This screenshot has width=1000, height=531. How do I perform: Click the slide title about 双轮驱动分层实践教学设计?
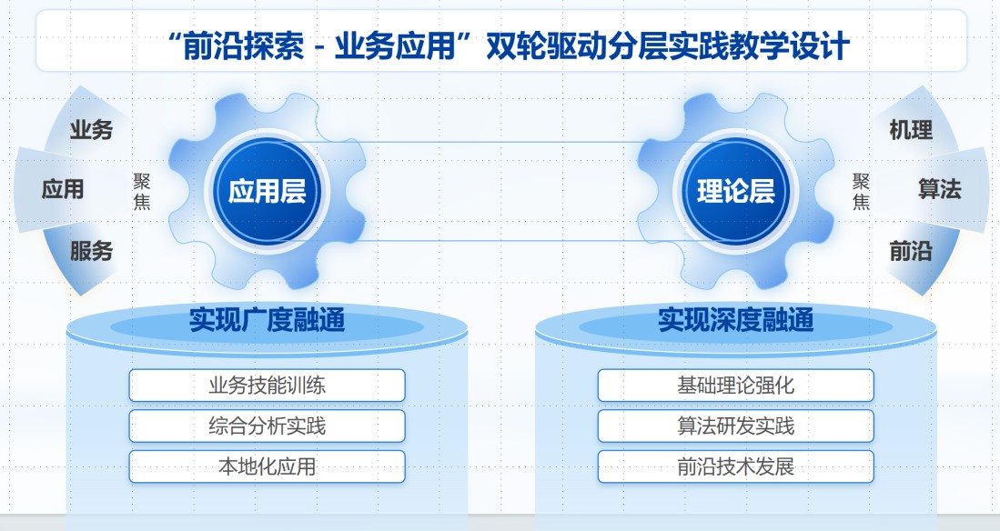[508, 45]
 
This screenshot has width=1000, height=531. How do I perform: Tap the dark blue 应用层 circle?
[268, 191]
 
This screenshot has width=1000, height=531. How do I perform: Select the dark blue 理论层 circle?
[736, 191]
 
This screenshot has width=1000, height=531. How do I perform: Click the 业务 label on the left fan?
[91, 130]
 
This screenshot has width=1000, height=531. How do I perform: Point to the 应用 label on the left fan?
[63, 189]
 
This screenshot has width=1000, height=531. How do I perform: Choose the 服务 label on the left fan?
[91, 251]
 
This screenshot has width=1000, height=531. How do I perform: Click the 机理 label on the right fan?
[911, 130]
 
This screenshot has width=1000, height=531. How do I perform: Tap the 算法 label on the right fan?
[939, 189]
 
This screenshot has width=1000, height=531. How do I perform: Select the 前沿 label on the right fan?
[911, 251]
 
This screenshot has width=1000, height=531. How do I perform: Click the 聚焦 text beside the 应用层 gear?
[142, 191]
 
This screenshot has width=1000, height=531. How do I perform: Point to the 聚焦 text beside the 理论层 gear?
[861, 191]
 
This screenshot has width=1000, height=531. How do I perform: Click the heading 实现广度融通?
[268, 319]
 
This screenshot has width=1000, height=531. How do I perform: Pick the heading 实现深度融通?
[736, 319]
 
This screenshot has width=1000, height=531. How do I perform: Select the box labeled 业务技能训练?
[268, 385]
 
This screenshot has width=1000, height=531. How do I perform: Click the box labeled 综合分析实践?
[268, 426]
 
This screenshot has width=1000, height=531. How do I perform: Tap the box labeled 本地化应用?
[268, 466]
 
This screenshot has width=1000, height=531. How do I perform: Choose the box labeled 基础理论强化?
[736, 385]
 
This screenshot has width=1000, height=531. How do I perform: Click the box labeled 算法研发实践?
[736, 426]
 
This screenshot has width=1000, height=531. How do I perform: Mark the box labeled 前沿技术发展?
[736, 466]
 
